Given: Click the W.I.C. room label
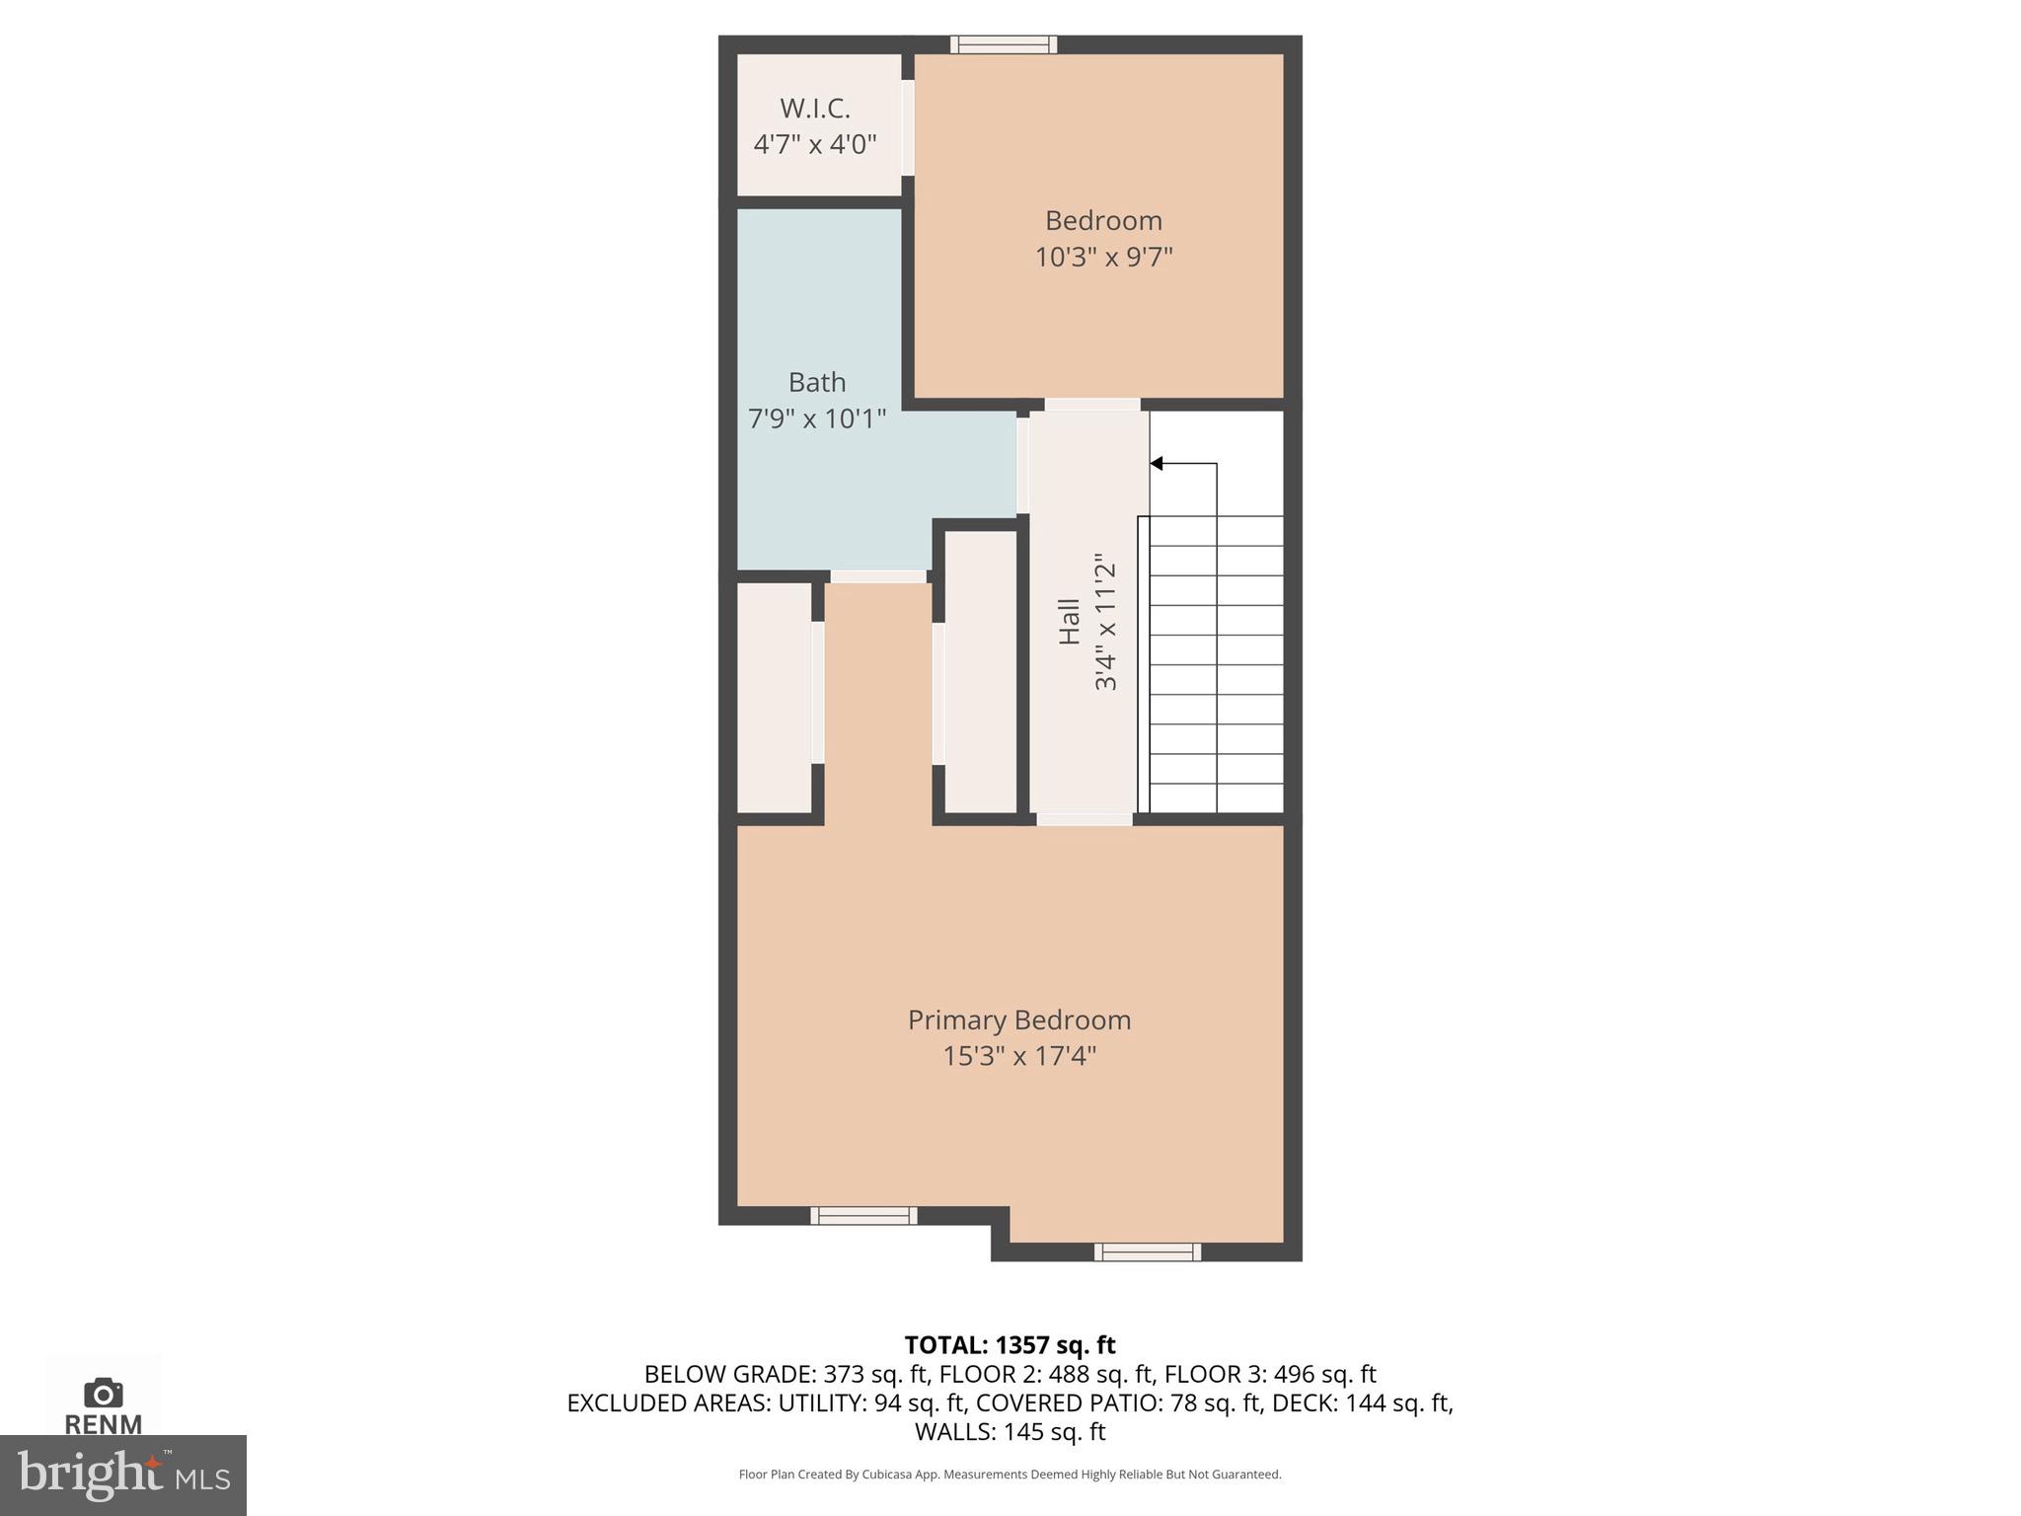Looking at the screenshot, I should pyautogui.click(x=815, y=108).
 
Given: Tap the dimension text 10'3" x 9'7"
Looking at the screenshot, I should pyautogui.click(x=1103, y=258).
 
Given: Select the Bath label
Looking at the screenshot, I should pyautogui.click(x=817, y=382).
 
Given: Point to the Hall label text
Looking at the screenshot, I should pyautogui.click(x=1070, y=622).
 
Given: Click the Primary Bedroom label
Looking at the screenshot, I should pyautogui.click(x=1019, y=1020).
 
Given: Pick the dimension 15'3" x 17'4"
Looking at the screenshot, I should pyautogui.click(x=1019, y=1056).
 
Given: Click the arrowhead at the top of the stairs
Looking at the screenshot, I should pyautogui.click(x=1157, y=464).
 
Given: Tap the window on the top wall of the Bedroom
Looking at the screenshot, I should pyautogui.click(x=1004, y=44).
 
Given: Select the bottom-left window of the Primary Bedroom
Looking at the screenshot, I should pyautogui.click(x=863, y=1216).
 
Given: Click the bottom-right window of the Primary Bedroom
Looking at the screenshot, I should pyautogui.click(x=1147, y=1252).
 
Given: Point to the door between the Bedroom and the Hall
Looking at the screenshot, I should pyautogui.click(x=1092, y=405).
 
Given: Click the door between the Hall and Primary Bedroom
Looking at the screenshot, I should pyautogui.click(x=1084, y=819).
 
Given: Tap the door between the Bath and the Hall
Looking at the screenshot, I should pyautogui.click(x=1022, y=465).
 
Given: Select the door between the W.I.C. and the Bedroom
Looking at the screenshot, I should pyautogui.click(x=908, y=127).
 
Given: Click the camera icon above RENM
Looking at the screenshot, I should pyautogui.click(x=104, y=1393).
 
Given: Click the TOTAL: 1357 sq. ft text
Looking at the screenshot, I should pyautogui.click(x=1010, y=1345).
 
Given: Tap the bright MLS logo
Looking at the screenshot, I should pyautogui.click(x=123, y=1476).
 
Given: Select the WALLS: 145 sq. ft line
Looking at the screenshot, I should pyautogui.click(x=1010, y=1431).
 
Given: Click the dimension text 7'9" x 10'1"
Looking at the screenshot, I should pyautogui.click(x=817, y=419).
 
